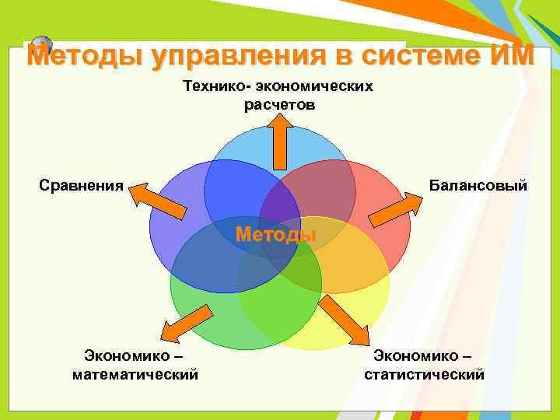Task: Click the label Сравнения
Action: [82, 185]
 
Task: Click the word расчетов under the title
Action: [280, 105]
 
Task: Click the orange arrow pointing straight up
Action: [280, 140]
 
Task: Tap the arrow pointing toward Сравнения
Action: [159, 200]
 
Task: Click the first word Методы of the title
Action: [85, 57]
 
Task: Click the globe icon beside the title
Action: [42, 44]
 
